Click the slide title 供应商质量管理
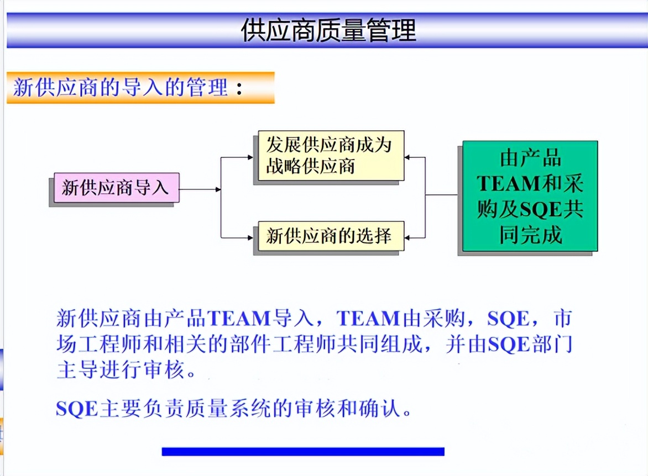coord(328,30)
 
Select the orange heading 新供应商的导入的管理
coord(120,88)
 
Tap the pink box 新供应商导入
coord(114,188)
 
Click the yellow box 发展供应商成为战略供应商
coord(328,155)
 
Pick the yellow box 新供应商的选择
coord(328,236)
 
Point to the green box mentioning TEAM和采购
coord(530,197)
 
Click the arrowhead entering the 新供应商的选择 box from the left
coord(250,237)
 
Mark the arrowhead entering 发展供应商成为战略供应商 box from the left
coord(250,157)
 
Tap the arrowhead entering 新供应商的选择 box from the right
coord(408,237)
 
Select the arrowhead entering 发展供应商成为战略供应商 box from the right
coord(408,157)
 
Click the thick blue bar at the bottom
coord(302,452)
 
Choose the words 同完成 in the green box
coord(530,236)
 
